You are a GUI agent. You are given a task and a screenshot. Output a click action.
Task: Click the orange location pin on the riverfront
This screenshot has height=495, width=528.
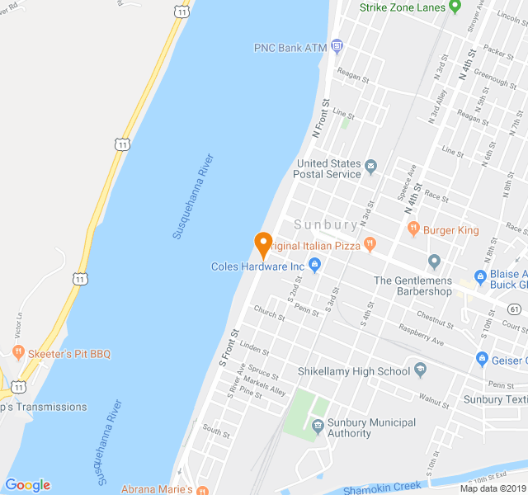point(263,244)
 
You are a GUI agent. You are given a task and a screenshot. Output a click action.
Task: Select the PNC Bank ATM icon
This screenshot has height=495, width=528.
point(337,47)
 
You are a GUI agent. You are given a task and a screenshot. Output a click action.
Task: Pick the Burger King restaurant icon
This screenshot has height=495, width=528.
point(413,230)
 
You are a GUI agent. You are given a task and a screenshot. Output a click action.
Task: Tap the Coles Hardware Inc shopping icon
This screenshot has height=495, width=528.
point(314,266)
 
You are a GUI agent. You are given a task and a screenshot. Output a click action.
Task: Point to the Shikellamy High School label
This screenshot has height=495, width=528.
point(354,371)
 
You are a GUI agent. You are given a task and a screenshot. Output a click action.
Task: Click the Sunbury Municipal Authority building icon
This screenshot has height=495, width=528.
point(317,425)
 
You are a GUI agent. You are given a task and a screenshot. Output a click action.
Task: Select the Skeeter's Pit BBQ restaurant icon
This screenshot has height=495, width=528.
point(17,353)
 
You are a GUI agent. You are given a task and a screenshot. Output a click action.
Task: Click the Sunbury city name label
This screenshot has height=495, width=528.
point(326,224)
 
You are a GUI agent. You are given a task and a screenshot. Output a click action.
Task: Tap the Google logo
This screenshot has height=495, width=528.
point(27,485)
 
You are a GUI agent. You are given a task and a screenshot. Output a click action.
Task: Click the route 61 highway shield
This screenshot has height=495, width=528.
point(515,309)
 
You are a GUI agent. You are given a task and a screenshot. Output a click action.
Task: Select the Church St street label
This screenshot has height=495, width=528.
point(269,313)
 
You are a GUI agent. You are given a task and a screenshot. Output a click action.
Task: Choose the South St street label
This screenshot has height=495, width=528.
point(215,430)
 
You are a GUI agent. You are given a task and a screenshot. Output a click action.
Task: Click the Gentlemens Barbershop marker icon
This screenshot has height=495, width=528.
point(435,262)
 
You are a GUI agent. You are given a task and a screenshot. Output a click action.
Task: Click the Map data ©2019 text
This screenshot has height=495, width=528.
point(492,488)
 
